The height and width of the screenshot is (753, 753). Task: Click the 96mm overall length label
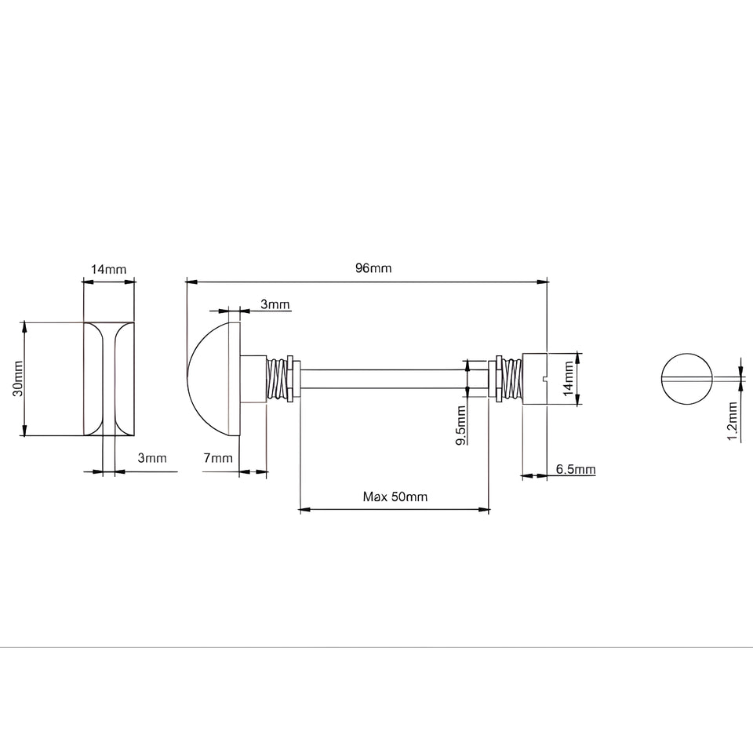tap(373, 268)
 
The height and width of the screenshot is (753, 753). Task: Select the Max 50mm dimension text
tap(395, 497)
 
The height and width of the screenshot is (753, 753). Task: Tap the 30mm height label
tap(18, 378)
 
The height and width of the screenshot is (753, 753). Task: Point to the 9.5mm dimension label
tap(460, 425)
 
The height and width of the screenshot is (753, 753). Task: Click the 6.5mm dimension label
tap(576, 469)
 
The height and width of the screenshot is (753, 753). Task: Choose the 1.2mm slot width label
tap(733, 421)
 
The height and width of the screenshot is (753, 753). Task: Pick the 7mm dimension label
tap(218, 458)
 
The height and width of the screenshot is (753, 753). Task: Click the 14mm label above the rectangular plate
tap(108, 269)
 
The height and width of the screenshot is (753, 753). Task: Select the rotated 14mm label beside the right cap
tap(569, 379)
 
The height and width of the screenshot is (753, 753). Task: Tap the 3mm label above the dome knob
tap(275, 304)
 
